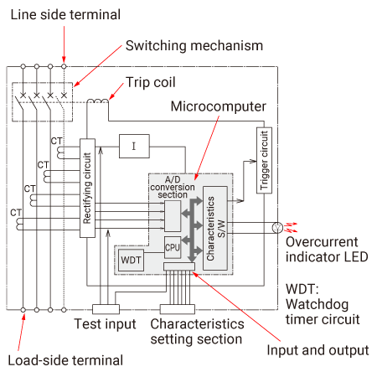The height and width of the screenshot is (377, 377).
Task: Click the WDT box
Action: click(x=131, y=261)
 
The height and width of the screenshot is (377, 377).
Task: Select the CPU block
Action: click(x=173, y=247)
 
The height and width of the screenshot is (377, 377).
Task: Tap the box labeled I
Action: click(x=134, y=146)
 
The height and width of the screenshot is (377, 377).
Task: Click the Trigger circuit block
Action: click(x=264, y=160)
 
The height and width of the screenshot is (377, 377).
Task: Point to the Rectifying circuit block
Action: click(x=87, y=188)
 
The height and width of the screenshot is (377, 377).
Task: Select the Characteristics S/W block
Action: click(x=215, y=228)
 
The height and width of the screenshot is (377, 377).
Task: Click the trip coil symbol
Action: click(x=97, y=101)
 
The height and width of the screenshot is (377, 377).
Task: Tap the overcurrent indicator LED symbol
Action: click(x=277, y=228)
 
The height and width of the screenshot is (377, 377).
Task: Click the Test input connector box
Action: click(x=106, y=309)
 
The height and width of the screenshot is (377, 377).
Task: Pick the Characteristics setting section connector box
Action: click(x=178, y=309)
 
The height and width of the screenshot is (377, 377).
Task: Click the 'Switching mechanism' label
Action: click(x=194, y=45)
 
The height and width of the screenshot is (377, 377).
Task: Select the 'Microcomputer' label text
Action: click(x=219, y=106)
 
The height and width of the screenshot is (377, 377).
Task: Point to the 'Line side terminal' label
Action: click(x=65, y=14)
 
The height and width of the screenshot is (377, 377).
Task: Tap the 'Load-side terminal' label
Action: click(x=65, y=360)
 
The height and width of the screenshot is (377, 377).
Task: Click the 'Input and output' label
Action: click(x=318, y=350)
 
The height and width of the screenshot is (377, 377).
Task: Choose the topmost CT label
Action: click(x=57, y=141)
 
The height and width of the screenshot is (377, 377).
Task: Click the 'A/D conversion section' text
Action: click(x=173, y=187)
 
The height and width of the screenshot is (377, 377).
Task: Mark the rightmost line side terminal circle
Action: click(x=64, y=66)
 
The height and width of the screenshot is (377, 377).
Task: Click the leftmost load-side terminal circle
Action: click(x=23, y=310)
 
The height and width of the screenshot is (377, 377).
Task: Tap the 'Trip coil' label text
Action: click(x=151, y=82)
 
